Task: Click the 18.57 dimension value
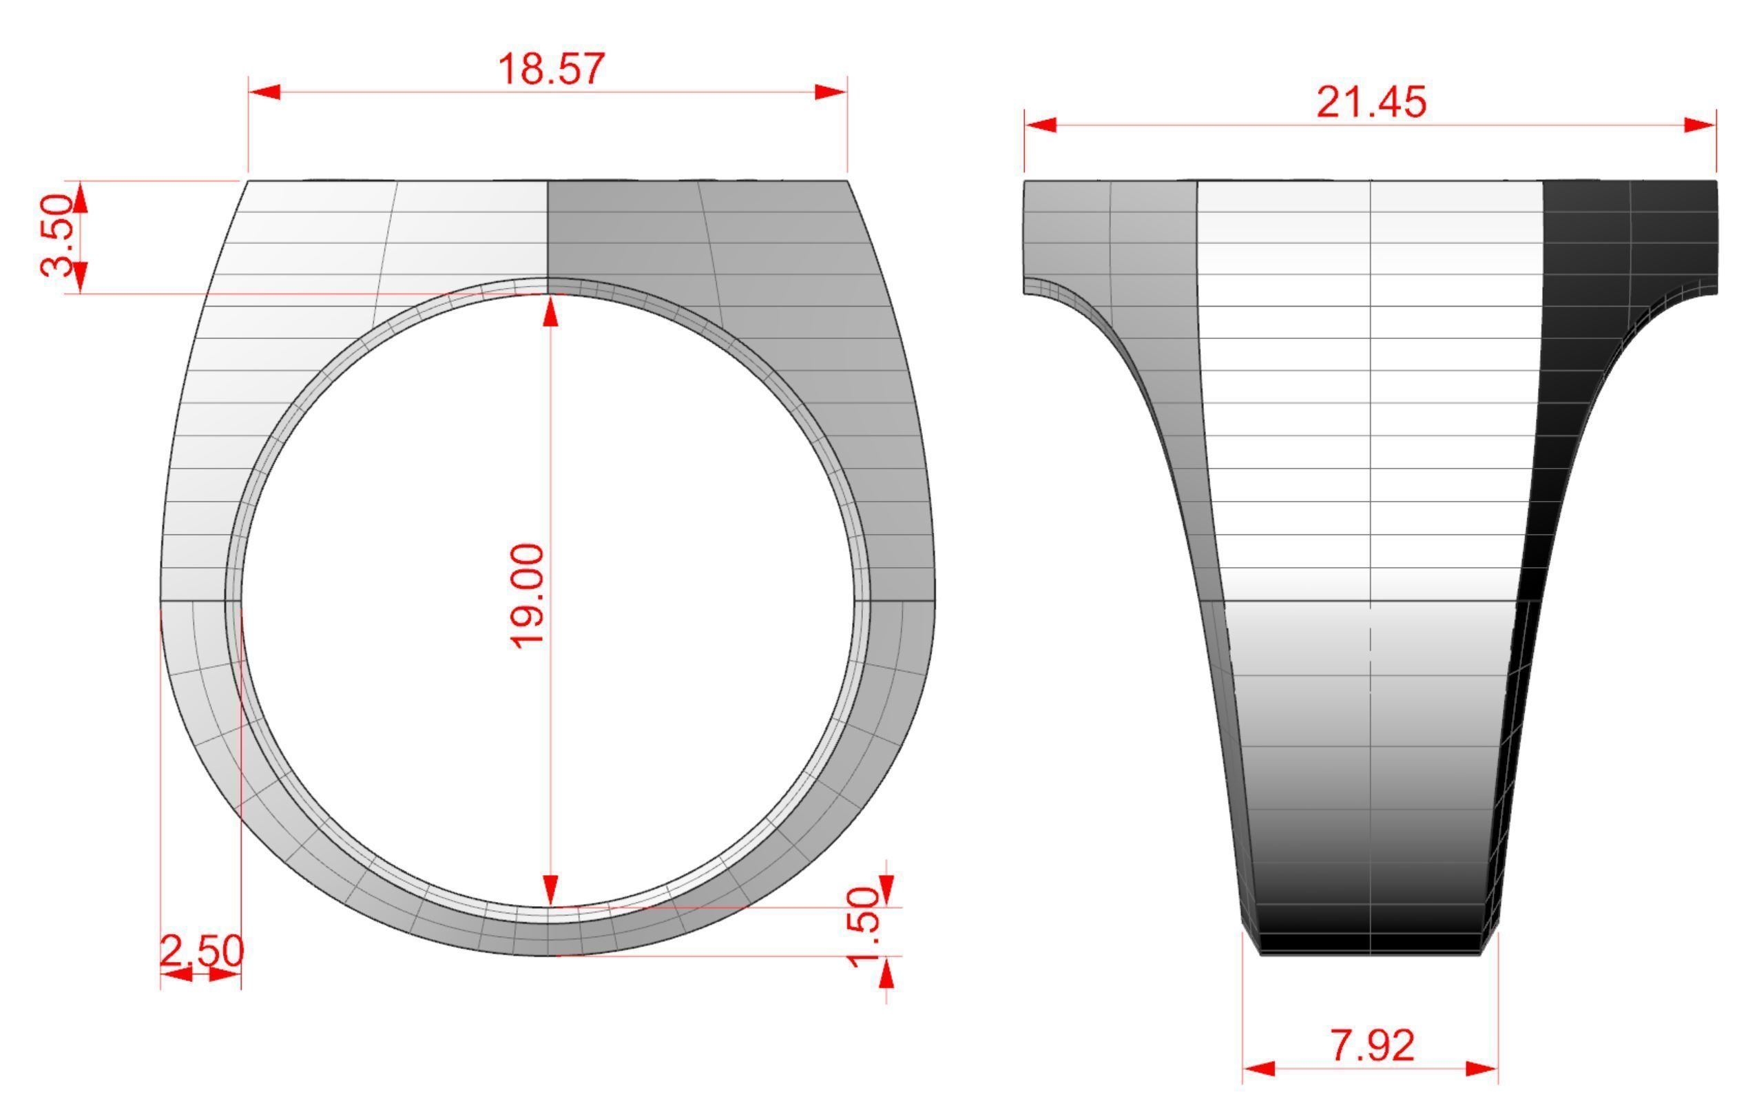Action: (x=551, y=70)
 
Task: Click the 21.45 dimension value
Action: (x=1371, y=102)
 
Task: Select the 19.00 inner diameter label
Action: (x=527, y=595)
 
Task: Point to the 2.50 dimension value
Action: (x=201, y=951)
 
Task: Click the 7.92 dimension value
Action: (x=1373, y=1045)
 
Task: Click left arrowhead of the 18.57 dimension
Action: (x=264, y=92)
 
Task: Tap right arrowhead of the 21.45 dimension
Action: (x=1700, y=125)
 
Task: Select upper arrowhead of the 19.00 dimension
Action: (x=551, y=311)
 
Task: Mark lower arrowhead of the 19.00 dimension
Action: (x=551, y=890)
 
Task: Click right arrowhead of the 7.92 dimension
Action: (x=1482, y=1069)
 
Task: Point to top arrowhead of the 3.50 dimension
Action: (x=81, y=198)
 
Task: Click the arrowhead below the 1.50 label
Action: (x=886, y=974)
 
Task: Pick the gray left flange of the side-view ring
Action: (x=1109, y=234)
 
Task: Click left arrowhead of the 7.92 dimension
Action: (x=1258, y=1069)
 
